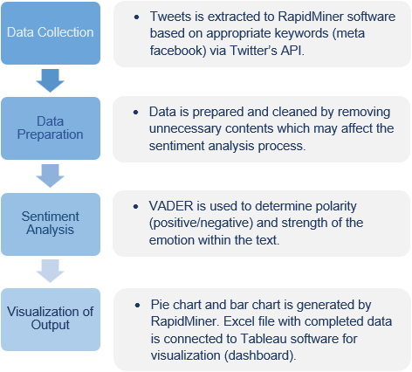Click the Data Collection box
point(51,33)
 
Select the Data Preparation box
point(51,128)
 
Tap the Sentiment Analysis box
point(51,224)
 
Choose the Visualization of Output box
point(51,320)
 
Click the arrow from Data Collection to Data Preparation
point(50,80)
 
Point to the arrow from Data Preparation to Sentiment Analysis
point(50,176)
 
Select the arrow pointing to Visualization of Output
point(50,271)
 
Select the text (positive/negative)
point(201,224)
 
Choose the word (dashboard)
point(260,355)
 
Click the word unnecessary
point(185,129)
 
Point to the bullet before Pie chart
point(137,305)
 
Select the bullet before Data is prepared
point(135,112)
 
